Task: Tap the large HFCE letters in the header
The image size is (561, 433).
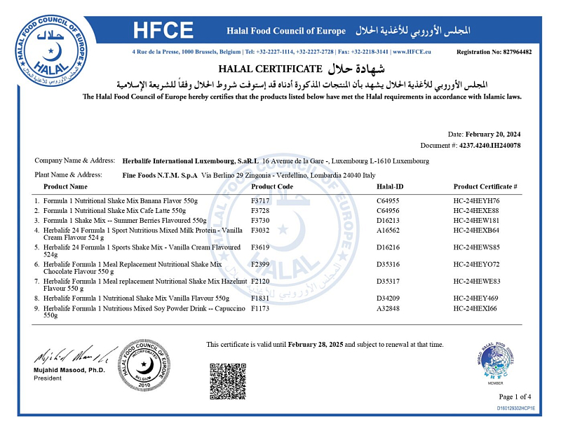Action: [x=163, y=30]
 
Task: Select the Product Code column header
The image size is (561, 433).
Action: [x=272, y=186]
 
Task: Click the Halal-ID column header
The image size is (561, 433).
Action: [x=390, y=186]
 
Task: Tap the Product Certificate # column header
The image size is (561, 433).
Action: [x=485, y=186]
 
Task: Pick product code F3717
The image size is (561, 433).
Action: [x=260, y=200]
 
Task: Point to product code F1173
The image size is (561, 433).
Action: [x=260, y=308]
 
